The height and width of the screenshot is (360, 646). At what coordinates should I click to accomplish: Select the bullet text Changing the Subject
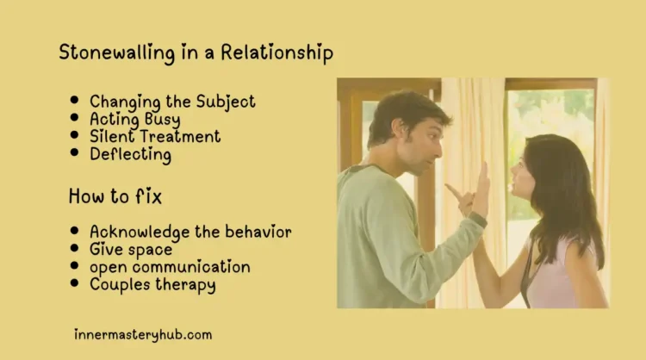(x=172, y=102)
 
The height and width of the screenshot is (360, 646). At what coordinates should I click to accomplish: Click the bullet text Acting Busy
(x=134, y=120)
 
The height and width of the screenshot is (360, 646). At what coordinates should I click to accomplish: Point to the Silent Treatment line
(x=155, y=137)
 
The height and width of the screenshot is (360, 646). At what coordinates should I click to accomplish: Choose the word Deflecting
(x=130, y=155)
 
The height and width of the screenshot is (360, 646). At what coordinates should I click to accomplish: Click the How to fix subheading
(x=115, y=197)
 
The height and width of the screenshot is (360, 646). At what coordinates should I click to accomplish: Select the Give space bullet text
(x=131, y=250)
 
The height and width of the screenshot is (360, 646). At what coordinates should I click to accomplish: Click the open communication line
(x=170, y=267)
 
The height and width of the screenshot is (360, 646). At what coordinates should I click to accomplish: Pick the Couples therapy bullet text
(x=152, y=284)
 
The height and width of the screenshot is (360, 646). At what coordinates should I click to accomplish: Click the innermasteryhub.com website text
(x=143, y=334)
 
